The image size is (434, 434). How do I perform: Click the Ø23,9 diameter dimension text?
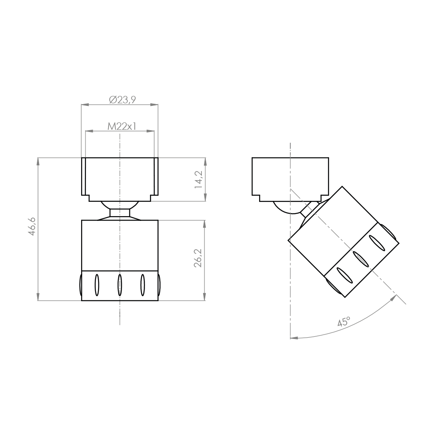coord(122,99)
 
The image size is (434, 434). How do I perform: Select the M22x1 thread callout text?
coord(122,126)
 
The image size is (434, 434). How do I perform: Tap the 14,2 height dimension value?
coord(199,179)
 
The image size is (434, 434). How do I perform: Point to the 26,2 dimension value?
coord(199,259)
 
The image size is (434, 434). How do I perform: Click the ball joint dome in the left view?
coord(120,205)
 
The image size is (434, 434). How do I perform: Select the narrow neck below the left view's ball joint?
coord(120,213)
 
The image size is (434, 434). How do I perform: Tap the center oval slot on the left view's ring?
coord(120,285)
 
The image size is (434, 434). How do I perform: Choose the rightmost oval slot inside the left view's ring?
coord(142,285)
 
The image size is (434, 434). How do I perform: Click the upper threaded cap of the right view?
coord(290,176)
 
